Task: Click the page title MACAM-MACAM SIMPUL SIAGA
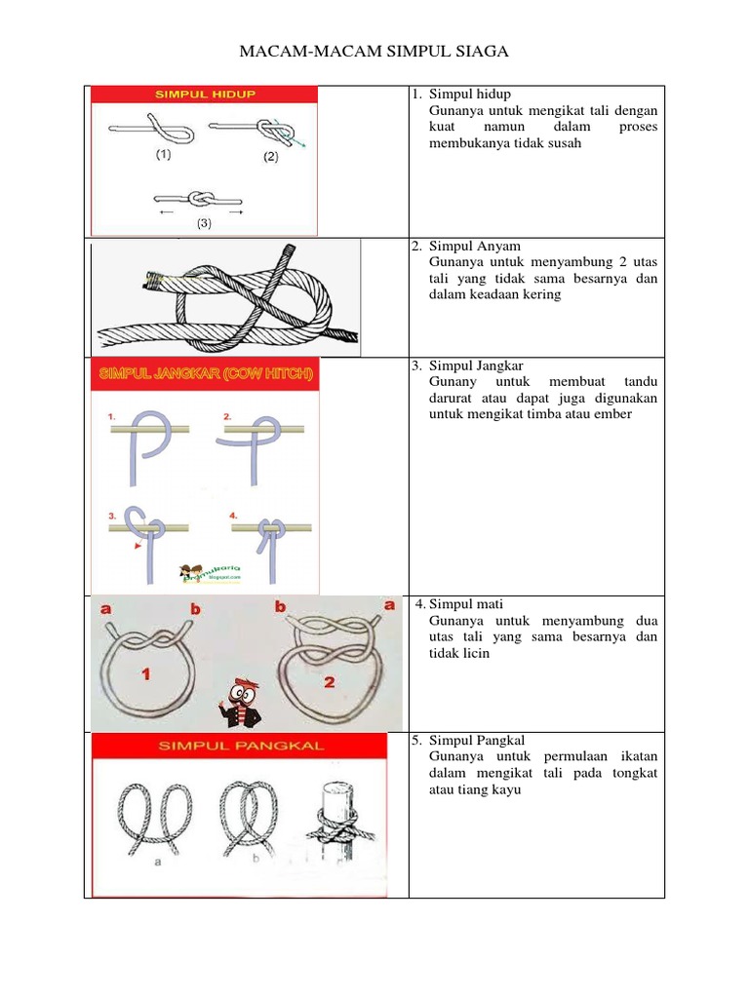pos(374,51)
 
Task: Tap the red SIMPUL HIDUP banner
pos(204,95)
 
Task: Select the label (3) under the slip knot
pos(204,223)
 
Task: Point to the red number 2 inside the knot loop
pos(330,682)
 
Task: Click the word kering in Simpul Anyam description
pos(542,294)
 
